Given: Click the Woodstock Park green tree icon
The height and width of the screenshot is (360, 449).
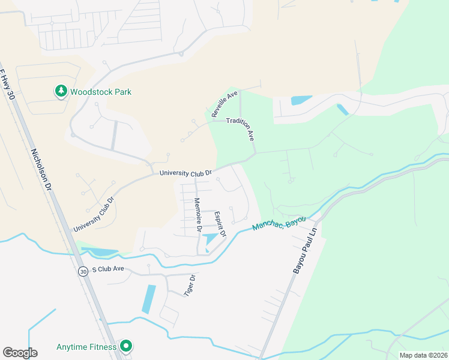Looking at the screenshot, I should (61, 92).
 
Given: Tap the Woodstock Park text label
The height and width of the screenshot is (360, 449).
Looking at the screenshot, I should (100, 92).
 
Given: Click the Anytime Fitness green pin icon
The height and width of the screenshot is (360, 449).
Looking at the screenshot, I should (126, 346).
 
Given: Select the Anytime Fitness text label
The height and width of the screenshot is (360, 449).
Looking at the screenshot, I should (86, 347).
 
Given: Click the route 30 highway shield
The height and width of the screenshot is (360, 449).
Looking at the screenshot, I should (82, 271).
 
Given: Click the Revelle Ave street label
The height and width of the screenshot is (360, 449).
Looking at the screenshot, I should (224, 104).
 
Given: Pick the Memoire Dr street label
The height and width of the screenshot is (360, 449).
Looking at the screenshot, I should (197, 215).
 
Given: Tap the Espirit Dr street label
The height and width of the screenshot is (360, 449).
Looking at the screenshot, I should (220, 224).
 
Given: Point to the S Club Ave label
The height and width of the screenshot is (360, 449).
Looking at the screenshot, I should (108, 269).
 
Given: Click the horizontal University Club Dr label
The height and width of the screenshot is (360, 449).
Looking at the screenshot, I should (185, 173).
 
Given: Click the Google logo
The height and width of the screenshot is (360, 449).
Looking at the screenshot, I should (20, 353).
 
